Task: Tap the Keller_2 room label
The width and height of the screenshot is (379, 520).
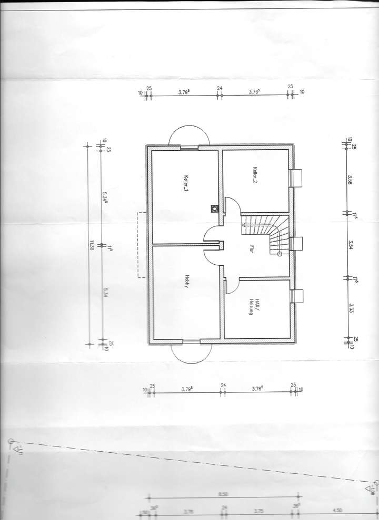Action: pyautogui.click(x=255, y=174)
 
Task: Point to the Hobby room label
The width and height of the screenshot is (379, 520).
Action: pyautogui.click(x=186, y=282)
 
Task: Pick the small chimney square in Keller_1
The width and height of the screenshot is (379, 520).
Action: pyautogui.click(x=214, y=208)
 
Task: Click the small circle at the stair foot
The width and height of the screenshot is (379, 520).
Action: pyautogui.click(x=279, y=254)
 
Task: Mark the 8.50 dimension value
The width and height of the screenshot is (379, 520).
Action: pyautogui.click(x=223, y=494)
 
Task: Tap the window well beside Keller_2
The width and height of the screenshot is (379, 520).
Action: pyautogui.click(x=296, y=178)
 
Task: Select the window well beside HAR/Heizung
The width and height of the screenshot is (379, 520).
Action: pyautogui.click(x=296, y=296)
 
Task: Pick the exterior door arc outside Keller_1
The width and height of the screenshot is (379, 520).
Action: pyautogui.click(x=189, y=135)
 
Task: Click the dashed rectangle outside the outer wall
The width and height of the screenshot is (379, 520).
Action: pyautogui.click(x=142, y=244)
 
